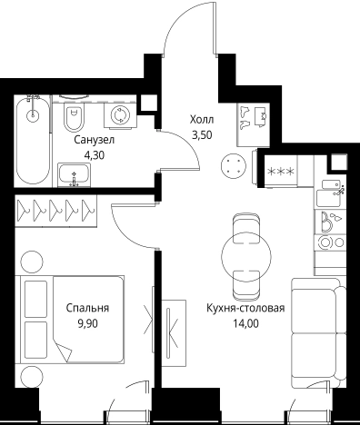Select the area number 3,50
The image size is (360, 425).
[x=203, y=134]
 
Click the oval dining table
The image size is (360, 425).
[x=246, y=252]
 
